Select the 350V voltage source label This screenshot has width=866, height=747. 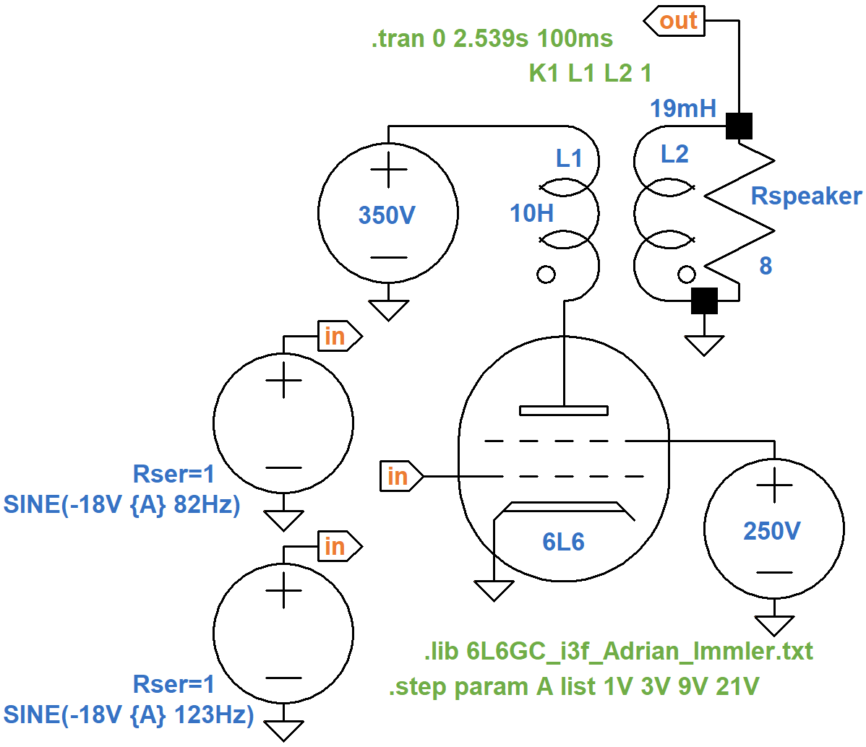[x=387, y=215]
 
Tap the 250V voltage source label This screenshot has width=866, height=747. [x=772, y=532]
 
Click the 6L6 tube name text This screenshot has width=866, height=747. [x=563, y=542]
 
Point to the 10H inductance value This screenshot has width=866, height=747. [x=532, y=213]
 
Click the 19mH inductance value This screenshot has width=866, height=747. [x=682, y=108]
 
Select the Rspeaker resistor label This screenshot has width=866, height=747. [x=806, y=196]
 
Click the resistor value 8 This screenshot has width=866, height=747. [x=766, y=266]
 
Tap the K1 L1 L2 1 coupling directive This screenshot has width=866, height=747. [x=591, y=73]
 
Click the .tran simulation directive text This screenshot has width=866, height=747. [x=492, y=38]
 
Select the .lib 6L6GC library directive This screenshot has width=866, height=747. [x=618, y=651]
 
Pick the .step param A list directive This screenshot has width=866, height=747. [x=574, y=686]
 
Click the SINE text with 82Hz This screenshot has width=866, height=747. [x=121, y=504]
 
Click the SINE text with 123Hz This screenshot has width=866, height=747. [x=129, y=714]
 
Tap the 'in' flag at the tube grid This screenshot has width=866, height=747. [x=400, y=477]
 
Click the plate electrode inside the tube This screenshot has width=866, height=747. [x=563, y=411]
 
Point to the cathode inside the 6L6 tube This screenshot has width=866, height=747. [x=563, y=506]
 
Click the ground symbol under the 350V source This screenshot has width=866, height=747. [x=388, y=310]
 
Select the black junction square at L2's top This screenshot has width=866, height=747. [x=739, y=126]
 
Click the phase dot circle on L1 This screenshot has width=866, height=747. [x=546, y=275]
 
